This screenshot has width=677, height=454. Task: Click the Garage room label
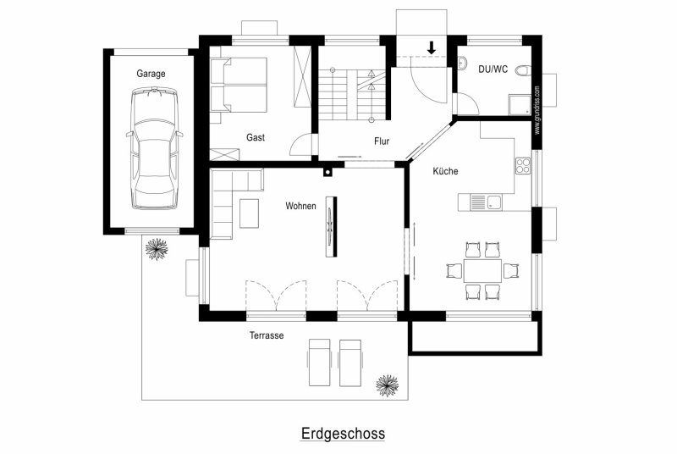point(151,74)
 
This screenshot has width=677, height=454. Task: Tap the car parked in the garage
point(155,148)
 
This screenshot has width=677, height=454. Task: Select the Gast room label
point(256,137)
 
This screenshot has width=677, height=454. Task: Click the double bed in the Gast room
point(239,85)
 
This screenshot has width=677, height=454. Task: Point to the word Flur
point(382,141)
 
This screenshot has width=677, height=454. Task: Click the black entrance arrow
point(432,47)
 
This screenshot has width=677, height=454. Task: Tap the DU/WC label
point(493,69)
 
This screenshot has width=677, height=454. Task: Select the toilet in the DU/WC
point(522,70)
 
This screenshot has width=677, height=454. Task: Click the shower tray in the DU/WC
point(520,105)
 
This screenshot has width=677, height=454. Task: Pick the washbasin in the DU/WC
point(462,63)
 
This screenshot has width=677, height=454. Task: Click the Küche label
point(445,171)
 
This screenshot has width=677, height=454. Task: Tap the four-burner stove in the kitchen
point(523,166)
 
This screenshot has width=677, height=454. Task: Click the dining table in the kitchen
point(482,270)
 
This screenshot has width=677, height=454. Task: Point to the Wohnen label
point(300,206)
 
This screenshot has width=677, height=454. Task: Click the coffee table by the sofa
point(249,213)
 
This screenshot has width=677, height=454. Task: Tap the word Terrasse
point(267,335)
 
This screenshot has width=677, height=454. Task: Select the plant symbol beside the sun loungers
point(387,385)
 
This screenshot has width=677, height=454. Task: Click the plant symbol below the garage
point(157,249)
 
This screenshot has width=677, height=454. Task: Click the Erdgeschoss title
point(343,434)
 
